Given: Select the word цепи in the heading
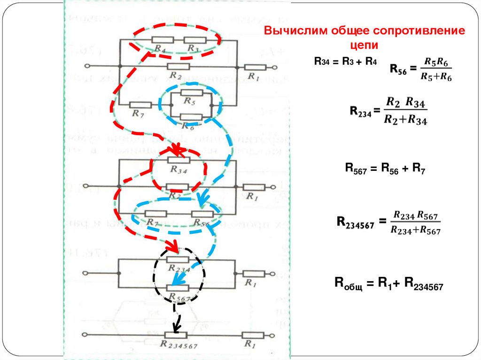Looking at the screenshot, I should click(364, 45).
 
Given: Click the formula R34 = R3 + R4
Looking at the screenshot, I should click(345, 61).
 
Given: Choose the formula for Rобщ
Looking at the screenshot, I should click(388, 283).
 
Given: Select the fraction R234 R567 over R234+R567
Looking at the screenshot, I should click(415, 222).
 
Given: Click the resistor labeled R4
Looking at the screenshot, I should click(160, 40).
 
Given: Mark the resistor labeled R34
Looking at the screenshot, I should click(178, 161).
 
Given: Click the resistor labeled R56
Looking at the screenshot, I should click(202, 214).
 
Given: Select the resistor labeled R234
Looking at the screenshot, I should click(178, 259).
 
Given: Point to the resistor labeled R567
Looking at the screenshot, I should click(178, 288).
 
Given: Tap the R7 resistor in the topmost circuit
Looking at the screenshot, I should click(140, 105).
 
